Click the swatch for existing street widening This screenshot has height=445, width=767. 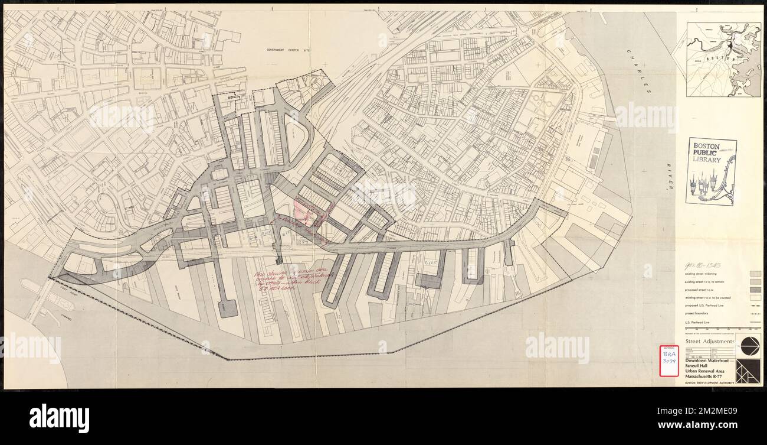pos(754,274)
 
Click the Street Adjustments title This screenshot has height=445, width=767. pos(710,342)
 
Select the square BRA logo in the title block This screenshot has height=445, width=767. pos(748,371)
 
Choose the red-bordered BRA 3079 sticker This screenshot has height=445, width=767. pos(668,360)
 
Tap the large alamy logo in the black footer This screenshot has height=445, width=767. pos(59,418)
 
